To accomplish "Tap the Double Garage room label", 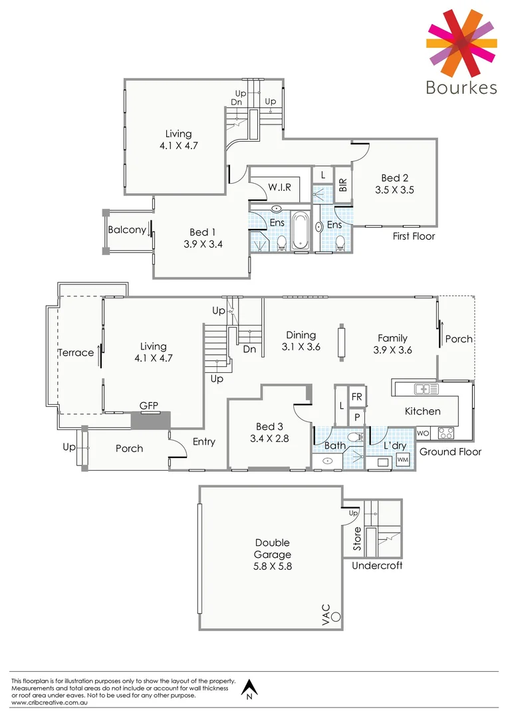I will (x=272, y=549).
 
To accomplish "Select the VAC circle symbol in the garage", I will (x=336, y=617).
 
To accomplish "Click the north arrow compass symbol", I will (x=249, y=689).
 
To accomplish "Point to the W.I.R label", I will (x=280, y=188).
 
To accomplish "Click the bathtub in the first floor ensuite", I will (x=301, y=230).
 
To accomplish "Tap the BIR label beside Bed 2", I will (x=343, y=185).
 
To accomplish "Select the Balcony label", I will (x=127, y=230).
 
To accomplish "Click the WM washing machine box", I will (x=402, y=459).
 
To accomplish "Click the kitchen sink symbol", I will (x=425, y=388).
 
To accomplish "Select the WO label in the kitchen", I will (x=423, y=433).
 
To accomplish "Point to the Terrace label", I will (x=75, y=352).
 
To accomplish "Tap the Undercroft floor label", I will (x=377, y=566).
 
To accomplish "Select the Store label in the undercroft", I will (x=357, y=540).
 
